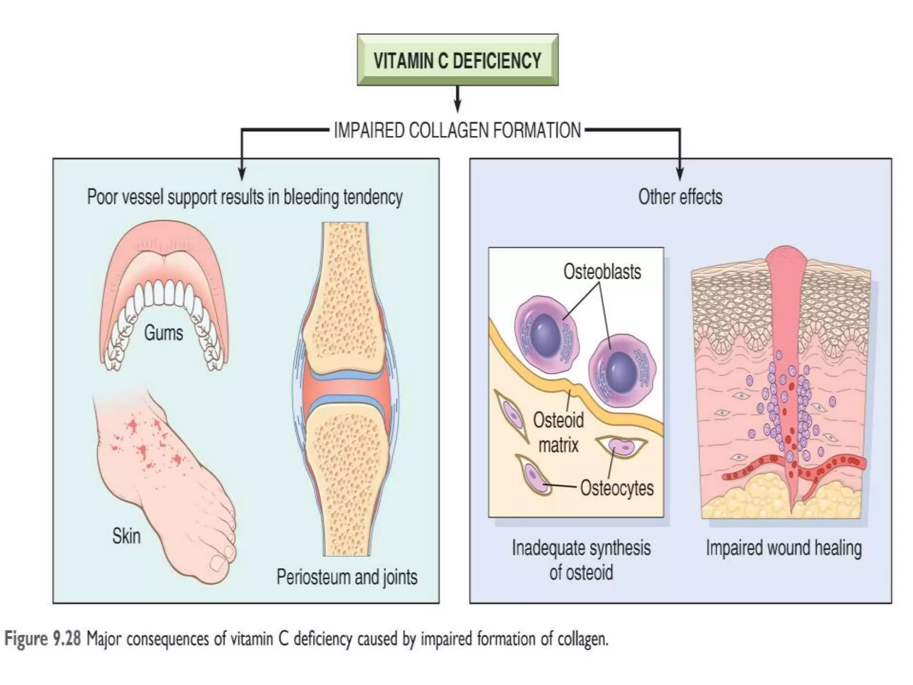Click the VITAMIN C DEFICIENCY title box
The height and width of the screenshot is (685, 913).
(x=457, y=60)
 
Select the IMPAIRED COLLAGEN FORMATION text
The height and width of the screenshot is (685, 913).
(x=457, y=131)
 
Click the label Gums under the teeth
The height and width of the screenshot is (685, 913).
(x=163, y=333)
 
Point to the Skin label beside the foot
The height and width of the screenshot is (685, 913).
(x=126, y=536)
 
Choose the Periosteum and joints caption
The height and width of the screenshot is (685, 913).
(x=347, y=577)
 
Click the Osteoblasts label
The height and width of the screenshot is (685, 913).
(x=602, y=272)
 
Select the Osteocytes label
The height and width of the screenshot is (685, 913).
(x=617, y=488)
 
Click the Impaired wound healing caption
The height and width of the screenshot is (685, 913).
(x=783, y=548)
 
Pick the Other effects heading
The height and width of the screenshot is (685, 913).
(x=680, y=197)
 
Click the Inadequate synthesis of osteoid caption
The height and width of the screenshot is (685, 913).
(x=580, y=560)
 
